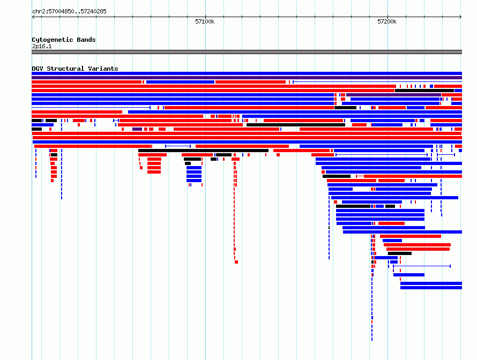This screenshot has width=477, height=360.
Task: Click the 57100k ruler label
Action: tap(205, 21)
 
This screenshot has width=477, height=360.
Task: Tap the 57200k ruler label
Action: tap(387, 21)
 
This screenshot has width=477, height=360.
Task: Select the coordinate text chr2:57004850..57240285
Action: tap(69, 11)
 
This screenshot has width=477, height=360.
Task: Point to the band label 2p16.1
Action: tap(42, 46)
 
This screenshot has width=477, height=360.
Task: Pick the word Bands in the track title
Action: tap(86, 40)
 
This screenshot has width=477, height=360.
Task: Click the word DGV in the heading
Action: tap(38, 69)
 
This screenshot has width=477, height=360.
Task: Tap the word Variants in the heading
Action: tap(103, 69)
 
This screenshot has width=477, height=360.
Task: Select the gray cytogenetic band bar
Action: tap(247, 52)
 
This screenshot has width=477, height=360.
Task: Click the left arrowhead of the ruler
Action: tap(33, 17)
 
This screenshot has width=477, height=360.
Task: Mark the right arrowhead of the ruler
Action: tap(461, 17)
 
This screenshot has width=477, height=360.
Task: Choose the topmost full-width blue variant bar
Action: tap(247, 73)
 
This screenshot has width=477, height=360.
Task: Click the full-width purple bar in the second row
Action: tap(247, 78)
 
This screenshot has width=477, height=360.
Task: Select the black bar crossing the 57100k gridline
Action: tap(203, 151)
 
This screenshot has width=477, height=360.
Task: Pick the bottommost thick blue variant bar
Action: tap(431, 288)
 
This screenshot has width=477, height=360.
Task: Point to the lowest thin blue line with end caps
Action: tap(422, 266)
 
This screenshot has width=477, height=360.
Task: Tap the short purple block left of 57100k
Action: tap(137, 129)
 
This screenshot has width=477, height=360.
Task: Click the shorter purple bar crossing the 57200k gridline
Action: tap(393, 95)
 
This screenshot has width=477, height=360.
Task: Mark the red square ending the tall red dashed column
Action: tap(236, 262)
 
